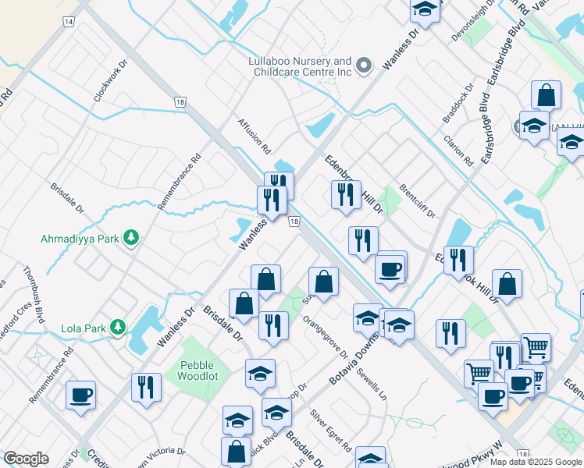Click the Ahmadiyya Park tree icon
(132, 236)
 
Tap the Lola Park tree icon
(118, 327)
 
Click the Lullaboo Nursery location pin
(363, 66)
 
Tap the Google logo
(26, 459)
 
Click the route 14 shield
(69, 21)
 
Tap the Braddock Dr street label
(458, 104)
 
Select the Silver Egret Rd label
(331, 431)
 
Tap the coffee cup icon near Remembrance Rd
(80, 395)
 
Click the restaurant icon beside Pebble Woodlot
(146, 387)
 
